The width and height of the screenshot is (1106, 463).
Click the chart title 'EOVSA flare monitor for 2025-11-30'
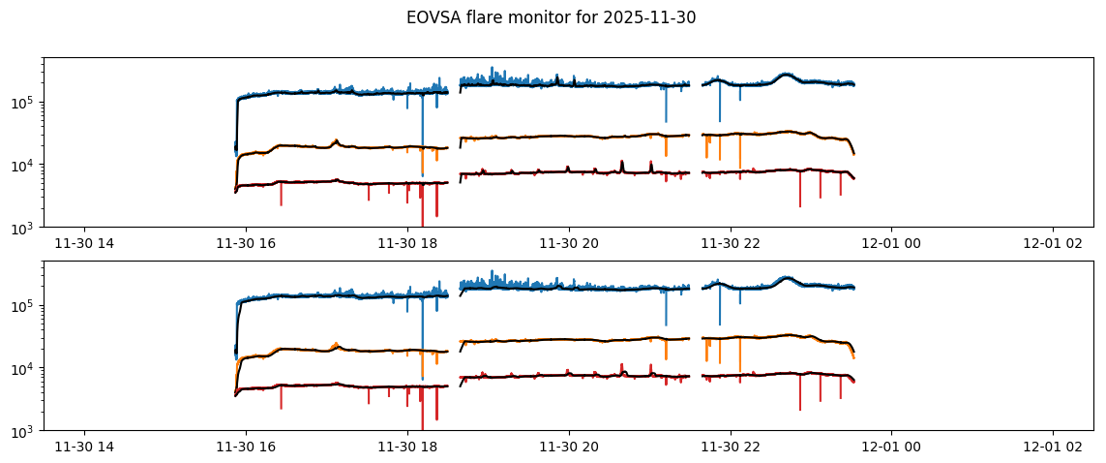point(551,17)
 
